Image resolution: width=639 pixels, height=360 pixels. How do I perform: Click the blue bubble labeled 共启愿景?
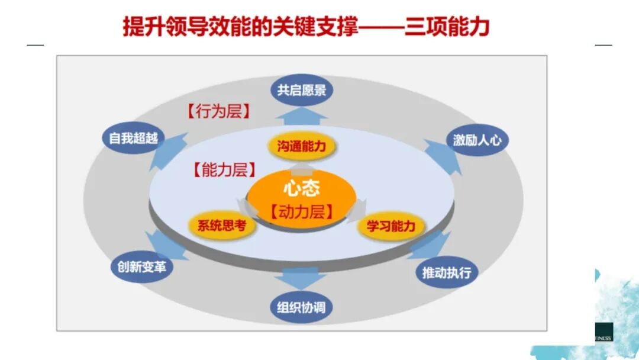(302, 90)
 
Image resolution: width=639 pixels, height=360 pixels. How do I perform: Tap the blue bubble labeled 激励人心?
(477, 140)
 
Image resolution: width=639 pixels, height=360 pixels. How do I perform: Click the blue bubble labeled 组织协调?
(301, 308)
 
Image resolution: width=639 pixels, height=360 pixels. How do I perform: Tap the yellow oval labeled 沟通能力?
(301, 146)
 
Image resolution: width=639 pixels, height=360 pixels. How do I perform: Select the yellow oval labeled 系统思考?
(218, 226)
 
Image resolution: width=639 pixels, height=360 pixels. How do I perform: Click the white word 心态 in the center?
(301, 189)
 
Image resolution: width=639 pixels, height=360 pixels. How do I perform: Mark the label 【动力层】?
(301, 211)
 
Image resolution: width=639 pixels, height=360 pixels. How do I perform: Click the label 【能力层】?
(224, 171)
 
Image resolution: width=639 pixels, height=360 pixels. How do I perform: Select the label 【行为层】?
(218, 111)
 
